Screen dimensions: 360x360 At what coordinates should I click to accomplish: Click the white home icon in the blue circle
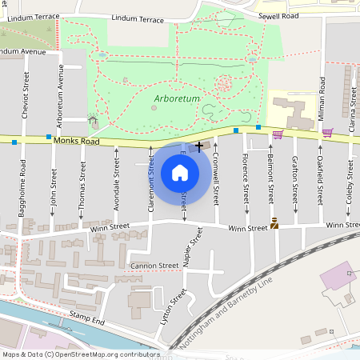pyautogui.click(x=180, y=172)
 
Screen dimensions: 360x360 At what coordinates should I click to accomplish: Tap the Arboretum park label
pyautogui.click(x=173, y=100)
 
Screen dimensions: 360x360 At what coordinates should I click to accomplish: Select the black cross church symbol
pyautogui.click(x=198, y=146)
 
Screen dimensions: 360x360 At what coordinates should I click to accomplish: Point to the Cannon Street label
pyautogui.click(x=155, y=265)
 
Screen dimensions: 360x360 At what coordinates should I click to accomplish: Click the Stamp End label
pyautogui.click(x=87, y=321)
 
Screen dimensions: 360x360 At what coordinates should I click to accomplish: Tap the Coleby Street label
pyautogui.click(x=350, y=185)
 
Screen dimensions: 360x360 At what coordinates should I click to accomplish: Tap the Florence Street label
pyautogui.click(x=246, y=181)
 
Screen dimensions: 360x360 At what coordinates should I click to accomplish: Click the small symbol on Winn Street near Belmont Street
pyautogui.click(x=274, y=224)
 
